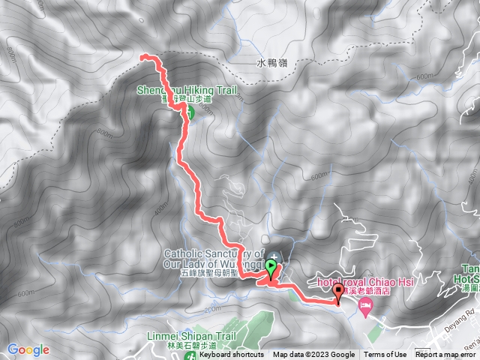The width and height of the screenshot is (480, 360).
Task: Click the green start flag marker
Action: (271, 265)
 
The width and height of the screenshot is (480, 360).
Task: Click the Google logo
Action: (28, 349)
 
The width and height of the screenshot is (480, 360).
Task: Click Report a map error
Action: (447, 355)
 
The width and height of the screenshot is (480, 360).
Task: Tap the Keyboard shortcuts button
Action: (231, 355)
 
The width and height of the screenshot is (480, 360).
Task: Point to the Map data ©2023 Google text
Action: (314, 355)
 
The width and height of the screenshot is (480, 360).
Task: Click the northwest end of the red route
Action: (143, 56)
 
